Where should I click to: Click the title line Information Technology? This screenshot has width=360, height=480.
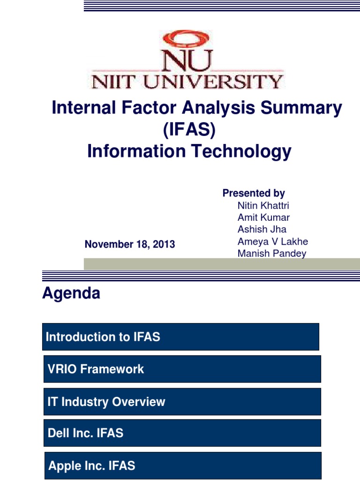pyautogui.click(x=189, y=151)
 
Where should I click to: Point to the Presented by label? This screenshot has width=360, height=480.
pyautogui.click(x=254, y=193)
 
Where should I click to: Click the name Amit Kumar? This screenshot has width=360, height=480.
pyautogui.click(x=263, y=217)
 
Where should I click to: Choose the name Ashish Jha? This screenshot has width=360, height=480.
pyautogui.click(x=262, y=230)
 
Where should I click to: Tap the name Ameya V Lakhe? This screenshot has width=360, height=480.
pyautogui.click(x=273, y=242)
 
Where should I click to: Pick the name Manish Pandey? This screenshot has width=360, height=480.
pyautogui.click(x=272, y=254)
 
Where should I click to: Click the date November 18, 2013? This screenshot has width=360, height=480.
pyautogui.click(x=129, y=244)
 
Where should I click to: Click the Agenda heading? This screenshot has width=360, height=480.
pyautogui.click(x=71, y=293)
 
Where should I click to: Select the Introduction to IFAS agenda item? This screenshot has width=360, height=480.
pyautogui.click(x=180, y=337)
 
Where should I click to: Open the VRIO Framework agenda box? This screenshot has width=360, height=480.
pyautogui.click(x=182, y=369)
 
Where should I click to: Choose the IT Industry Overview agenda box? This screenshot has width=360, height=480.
pyautogui.click(x=182, y=402)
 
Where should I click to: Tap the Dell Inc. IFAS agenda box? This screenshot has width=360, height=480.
pyautogui.click(x=182, y=433)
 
